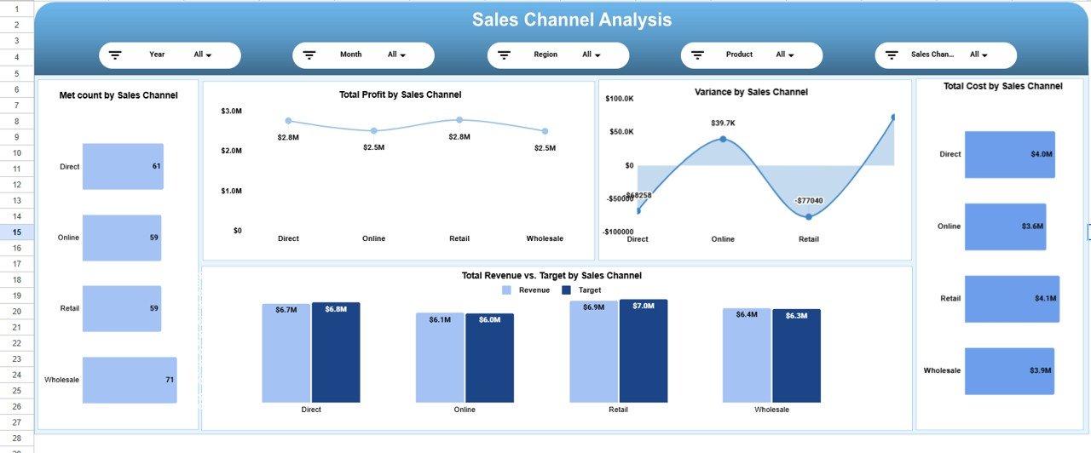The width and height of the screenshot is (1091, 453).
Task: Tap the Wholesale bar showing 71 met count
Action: (130, 380)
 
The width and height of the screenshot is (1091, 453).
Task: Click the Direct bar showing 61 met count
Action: (123, 166)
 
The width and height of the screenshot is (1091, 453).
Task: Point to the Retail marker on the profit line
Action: (459, 120)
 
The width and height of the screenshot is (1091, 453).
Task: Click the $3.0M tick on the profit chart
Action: (231, 111)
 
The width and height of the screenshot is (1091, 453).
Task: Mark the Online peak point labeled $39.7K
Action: (723, 139)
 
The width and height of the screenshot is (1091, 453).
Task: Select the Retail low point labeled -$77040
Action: (809, 216)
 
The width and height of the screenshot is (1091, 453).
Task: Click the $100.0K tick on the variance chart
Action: (619, 99)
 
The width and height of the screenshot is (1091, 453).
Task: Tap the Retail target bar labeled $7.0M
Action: (644, 351)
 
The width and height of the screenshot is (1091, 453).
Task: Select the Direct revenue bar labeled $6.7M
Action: (286, 353)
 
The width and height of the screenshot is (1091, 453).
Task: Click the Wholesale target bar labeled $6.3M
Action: (796, 355)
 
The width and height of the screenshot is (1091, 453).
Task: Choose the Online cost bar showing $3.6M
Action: (1005, 226)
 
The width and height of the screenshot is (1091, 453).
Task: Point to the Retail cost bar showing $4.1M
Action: (1012, 298)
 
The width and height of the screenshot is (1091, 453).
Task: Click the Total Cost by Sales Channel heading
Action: (1002, 86)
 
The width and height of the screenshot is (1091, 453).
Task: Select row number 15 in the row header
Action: (17, 232)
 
